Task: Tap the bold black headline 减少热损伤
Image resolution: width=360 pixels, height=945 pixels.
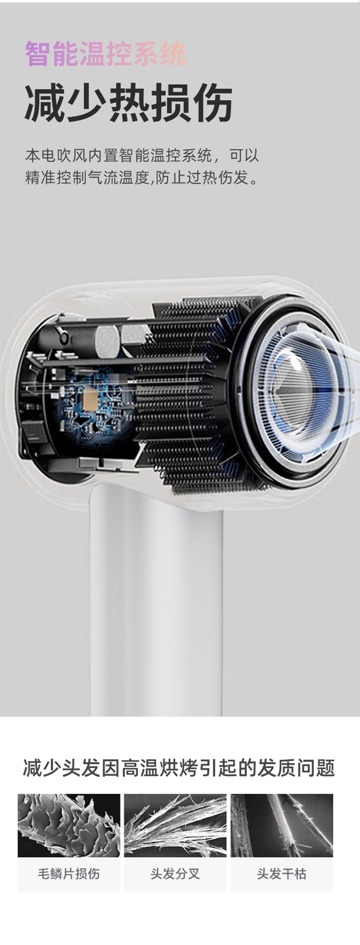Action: click(x=129, y=102)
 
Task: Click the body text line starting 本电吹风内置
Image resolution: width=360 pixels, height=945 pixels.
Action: click(x=142, y=155)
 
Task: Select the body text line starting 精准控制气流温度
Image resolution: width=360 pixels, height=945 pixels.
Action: click(x=142, y=178)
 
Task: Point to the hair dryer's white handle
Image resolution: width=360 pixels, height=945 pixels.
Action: click(x=156, y=602)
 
